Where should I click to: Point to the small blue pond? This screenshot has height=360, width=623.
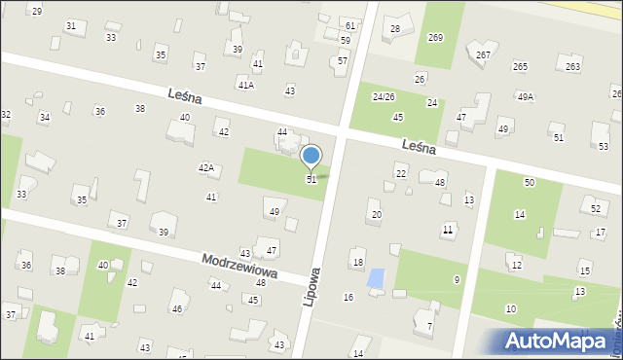coord(376,278)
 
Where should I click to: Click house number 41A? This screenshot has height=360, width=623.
coord(245,86)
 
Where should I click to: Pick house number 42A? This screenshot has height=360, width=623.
coord(206,168)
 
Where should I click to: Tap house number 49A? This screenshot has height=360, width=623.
coord(526,96)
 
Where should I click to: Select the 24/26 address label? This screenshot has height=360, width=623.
coord(383,97)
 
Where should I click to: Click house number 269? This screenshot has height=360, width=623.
coord(435,37)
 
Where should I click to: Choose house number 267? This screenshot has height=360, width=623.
coord(484,54)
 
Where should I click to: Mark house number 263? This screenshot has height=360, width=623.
coord(573,66)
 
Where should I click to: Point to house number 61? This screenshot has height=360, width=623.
coord(349,24)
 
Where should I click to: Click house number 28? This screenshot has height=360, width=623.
coord(395,29)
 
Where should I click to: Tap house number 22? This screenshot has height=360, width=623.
coord(401,173)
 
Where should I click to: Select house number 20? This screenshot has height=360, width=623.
coord(377,214)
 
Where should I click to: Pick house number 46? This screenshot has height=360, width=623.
coord(176,308)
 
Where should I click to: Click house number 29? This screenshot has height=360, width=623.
coord(37,11)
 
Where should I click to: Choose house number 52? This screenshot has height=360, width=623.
coord(595,209)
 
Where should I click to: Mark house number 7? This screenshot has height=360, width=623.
coord(429,327)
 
